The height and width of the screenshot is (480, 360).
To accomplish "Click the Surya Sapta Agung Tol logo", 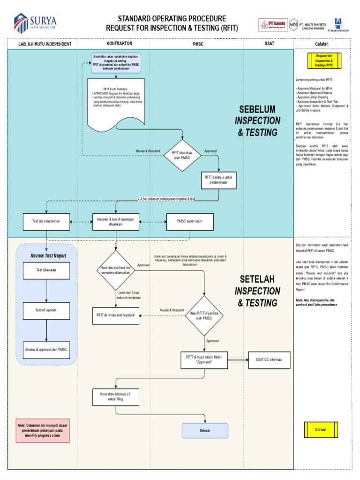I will point(35,22).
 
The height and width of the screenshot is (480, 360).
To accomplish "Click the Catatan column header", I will point(322,44).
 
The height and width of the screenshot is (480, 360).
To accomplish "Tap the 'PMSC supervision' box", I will point(189,221).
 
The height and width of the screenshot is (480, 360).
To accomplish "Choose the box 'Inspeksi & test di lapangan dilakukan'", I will point(115,221).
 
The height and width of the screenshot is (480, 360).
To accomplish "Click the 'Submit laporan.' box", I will point(46,310).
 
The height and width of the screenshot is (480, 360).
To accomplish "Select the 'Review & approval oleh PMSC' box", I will point(46,350).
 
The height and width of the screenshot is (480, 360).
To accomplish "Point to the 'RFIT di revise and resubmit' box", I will point(115,315).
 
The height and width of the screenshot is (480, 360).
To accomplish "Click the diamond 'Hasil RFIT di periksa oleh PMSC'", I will point(205,315).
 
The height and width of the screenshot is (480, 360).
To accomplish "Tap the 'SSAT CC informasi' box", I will point(269,360).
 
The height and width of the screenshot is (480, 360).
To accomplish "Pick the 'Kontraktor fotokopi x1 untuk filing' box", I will point(115,397).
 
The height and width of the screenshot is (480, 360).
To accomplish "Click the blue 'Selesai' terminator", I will point(205,430).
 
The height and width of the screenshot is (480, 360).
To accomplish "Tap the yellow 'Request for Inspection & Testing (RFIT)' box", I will point(324,61).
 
